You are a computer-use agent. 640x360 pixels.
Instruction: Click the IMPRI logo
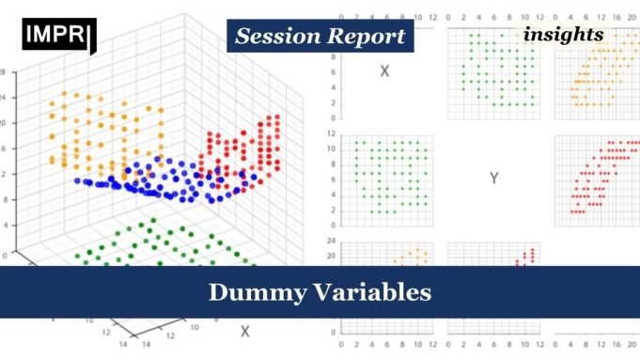pyautogui.click(x=56, y=35)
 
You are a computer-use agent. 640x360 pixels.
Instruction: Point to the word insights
pyautogui.click(x=564, y=35)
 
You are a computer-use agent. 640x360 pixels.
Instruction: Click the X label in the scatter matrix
pyautogui.click(x=383, y=70)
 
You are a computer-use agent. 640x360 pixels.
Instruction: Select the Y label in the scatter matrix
pyautogui.click(x=493, y=177)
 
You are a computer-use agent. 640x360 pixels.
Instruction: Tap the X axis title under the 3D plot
pyautogui.click(x=244, y=331)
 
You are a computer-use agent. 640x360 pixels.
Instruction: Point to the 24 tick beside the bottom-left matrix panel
pyautogui.click(x=332, y=241)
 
